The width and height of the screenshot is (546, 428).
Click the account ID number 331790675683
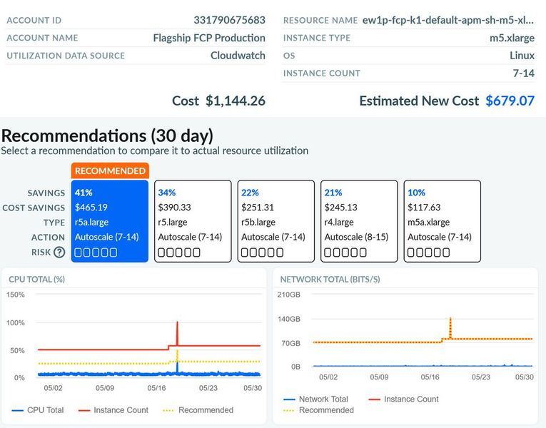pos(229,20)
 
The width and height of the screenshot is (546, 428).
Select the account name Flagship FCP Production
pos(209,38)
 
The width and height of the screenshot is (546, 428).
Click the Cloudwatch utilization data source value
pos(238,56)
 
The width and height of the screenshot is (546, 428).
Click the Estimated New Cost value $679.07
pos(510,101)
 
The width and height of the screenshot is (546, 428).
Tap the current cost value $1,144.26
pos(235,101)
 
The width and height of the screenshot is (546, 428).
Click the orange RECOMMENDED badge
pos(110,170)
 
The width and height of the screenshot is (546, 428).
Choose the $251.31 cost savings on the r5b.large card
pos(257,208)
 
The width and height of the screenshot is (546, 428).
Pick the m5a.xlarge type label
pos(428,222)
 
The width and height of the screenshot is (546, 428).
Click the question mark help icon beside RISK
pos(59,252)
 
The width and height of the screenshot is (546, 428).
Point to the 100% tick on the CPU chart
pos(16,322)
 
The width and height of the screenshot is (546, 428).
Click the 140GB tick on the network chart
pos(290,319)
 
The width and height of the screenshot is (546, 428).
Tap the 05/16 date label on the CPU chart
pos(156,388)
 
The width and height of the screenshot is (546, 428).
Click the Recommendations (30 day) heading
pos(107,136)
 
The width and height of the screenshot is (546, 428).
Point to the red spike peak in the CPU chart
pos(176,323)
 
